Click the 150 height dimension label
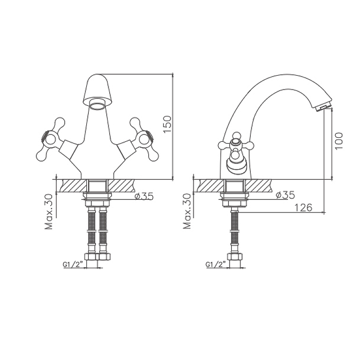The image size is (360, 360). click(168, 124)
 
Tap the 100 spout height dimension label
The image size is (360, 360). click(339, 141)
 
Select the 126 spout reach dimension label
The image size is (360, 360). click(303, 207)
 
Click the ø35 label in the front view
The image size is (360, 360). click(144, 196)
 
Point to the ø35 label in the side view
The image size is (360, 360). click(285, 195)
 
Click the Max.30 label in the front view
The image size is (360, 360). click(49, 211)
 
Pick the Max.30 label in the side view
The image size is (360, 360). click(187, 211)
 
